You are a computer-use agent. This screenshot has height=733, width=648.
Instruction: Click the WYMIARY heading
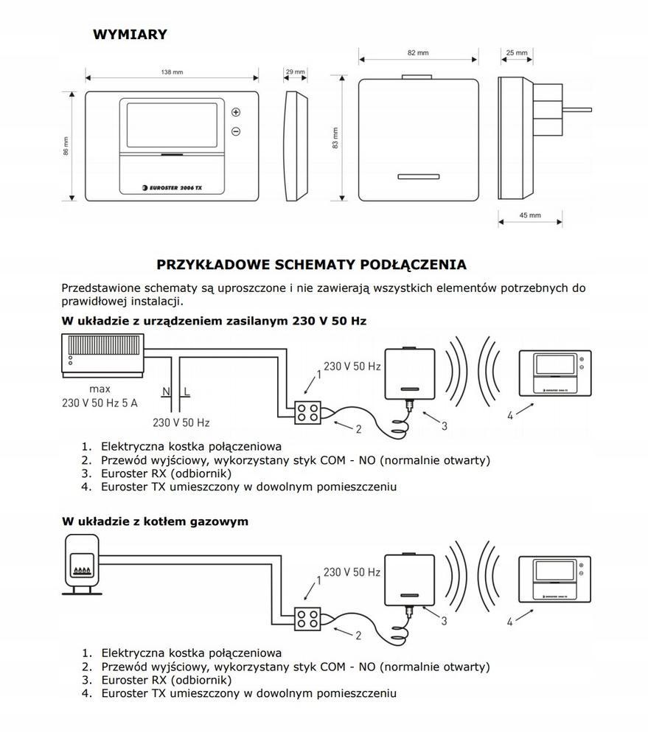point(130,34)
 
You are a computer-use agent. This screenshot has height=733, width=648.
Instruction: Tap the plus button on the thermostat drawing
point(236,112)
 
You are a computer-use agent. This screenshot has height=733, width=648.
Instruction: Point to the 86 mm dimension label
point(66,146)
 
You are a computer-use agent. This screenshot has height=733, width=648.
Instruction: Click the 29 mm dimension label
point(294,72)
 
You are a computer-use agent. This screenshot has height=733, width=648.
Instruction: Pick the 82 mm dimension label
point(417,53)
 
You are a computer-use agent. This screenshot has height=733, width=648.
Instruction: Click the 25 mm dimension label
point(517,53)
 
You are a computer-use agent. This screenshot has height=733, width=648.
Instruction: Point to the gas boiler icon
point(80,564)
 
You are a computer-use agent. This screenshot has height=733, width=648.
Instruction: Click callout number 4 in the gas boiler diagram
point(509,622)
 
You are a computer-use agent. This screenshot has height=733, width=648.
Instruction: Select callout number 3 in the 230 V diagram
point(445,425)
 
